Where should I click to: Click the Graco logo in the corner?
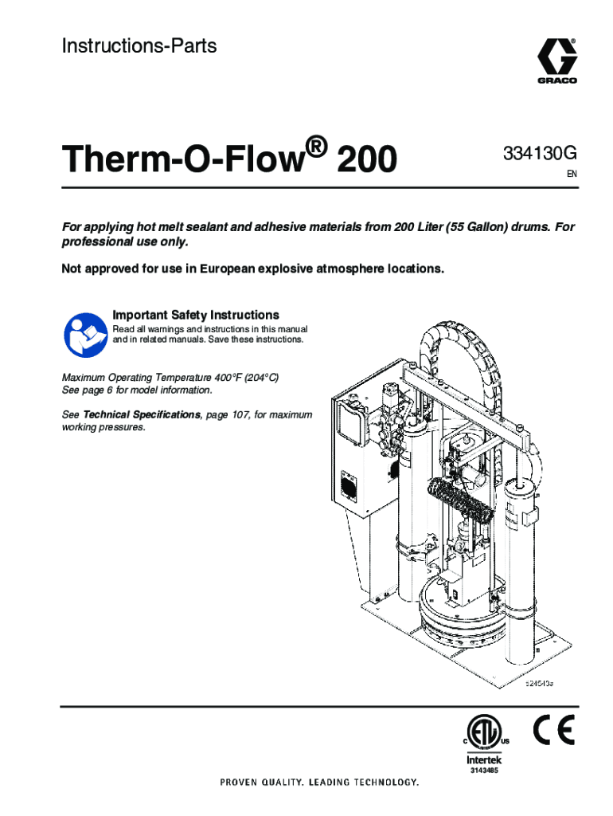(556, 61)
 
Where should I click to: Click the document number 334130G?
(540, 154)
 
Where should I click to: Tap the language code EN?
(572, 174)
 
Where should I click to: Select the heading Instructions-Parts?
(139, 45)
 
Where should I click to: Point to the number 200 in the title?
(367, 159)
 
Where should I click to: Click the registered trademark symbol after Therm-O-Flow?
(316, 147)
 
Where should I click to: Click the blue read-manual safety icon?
(86, 335)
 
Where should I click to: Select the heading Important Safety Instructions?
(196, 315)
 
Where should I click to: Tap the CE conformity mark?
(554, 730)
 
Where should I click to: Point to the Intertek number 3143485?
(484, 771)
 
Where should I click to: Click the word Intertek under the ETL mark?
(484, 759)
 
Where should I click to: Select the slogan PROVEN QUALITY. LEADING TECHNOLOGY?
(319, 783)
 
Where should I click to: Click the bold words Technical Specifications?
(142, 414)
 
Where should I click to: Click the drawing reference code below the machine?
(539, 683)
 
